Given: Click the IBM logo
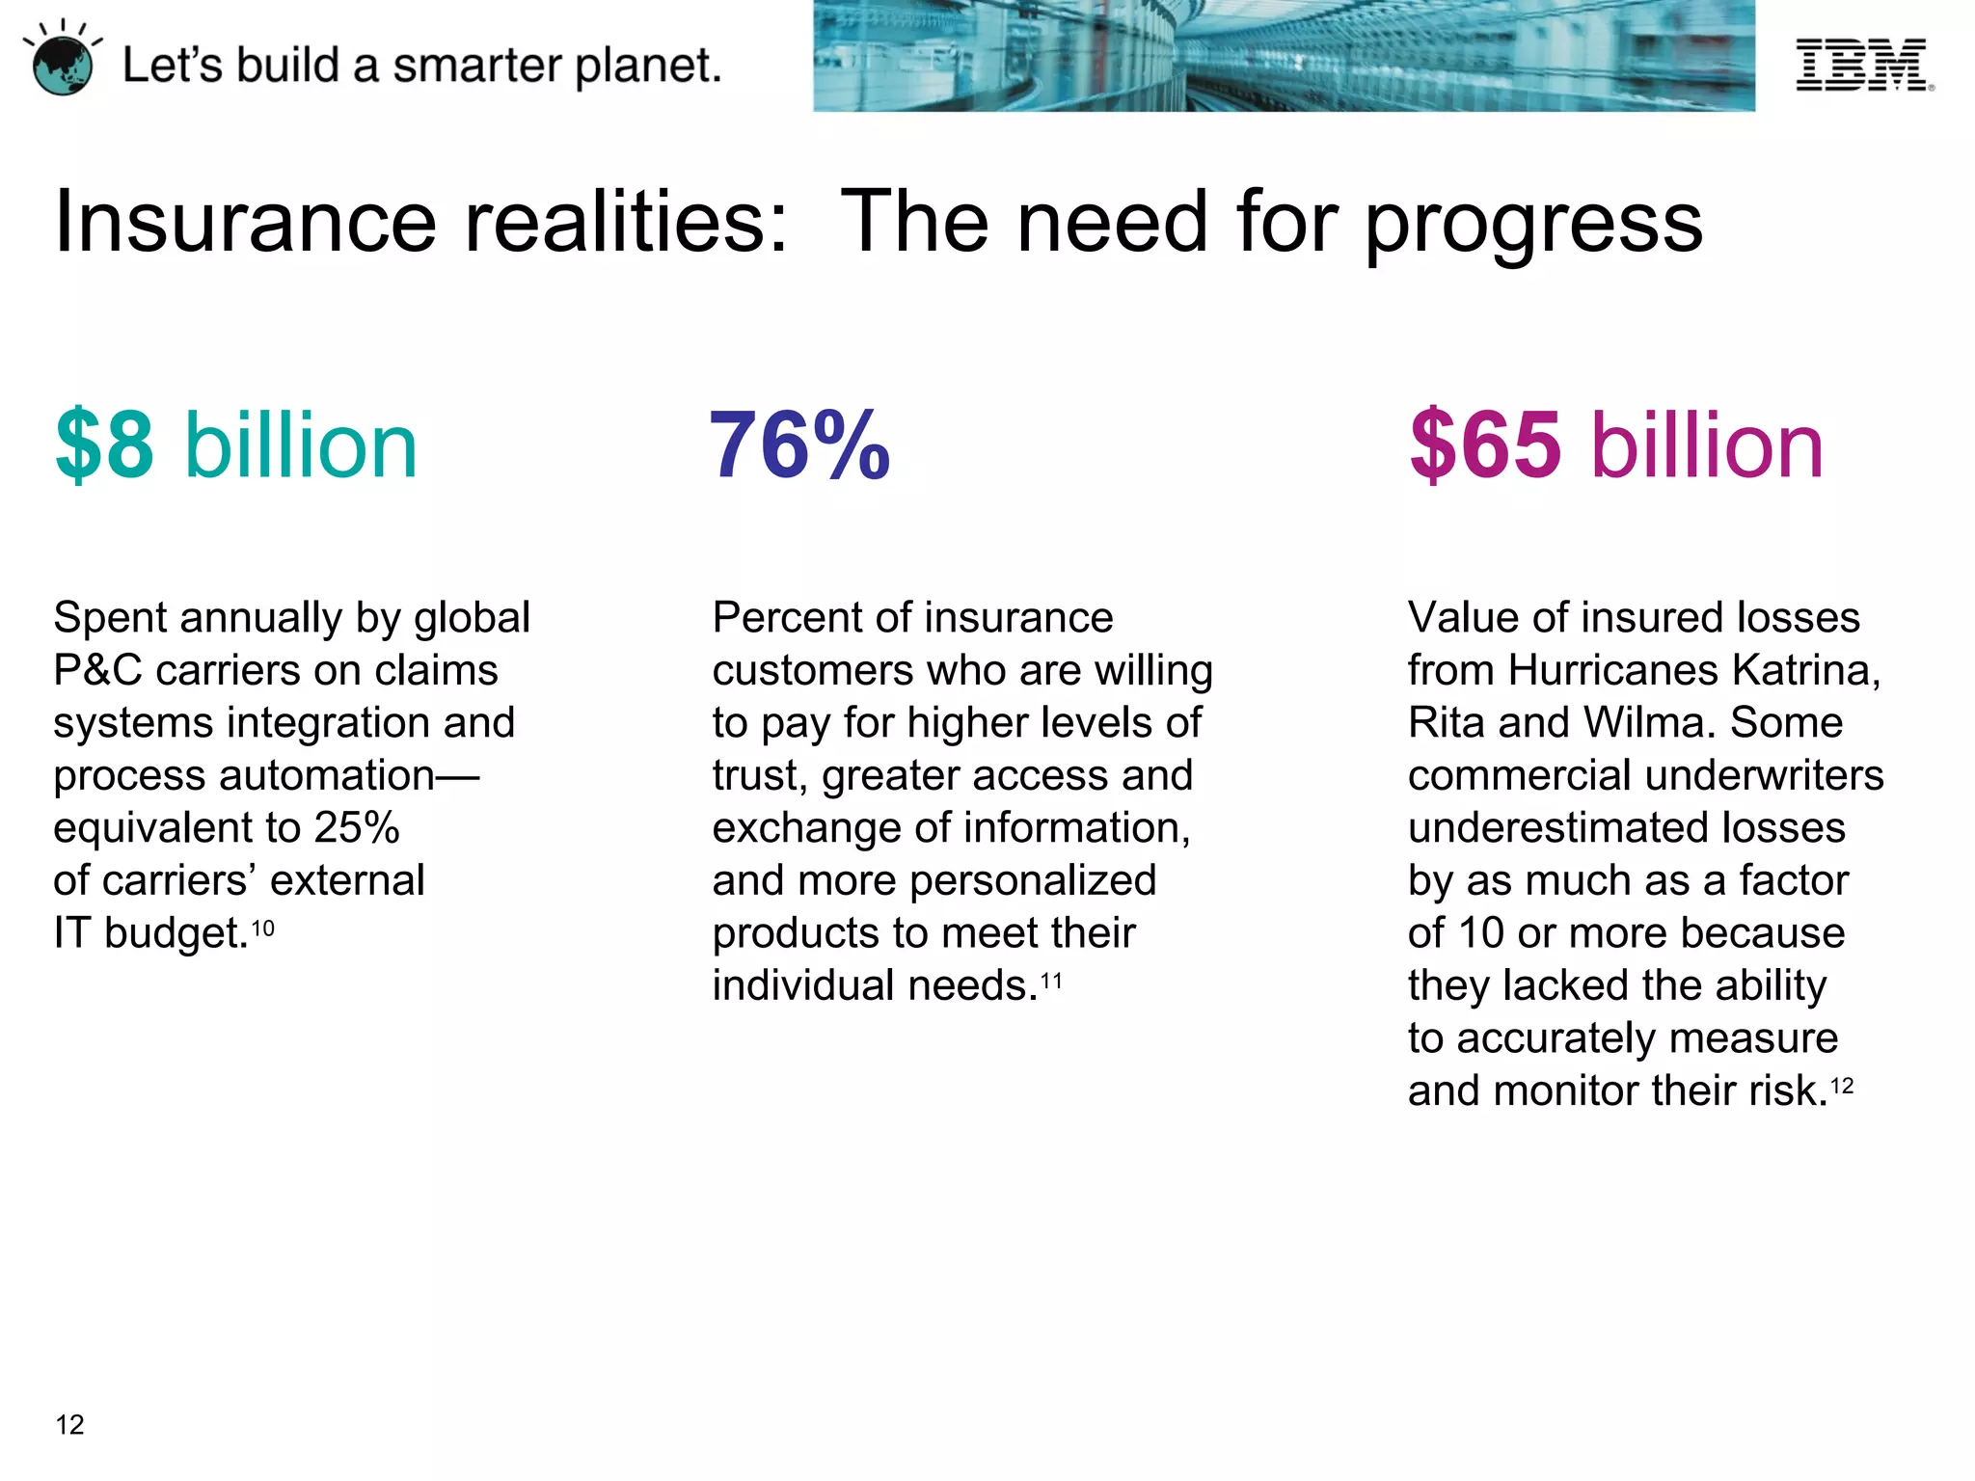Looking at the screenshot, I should (1862, 65).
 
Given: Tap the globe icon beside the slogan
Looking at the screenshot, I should (63, 66).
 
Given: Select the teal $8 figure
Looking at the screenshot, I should (105, 445).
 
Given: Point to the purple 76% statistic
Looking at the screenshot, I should (799, 445).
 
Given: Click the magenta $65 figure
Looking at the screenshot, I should (1485, 445).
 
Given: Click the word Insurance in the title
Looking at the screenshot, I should (246, 223).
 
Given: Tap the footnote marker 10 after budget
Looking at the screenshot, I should (262, 929).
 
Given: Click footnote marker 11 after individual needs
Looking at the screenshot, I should (1051, 982).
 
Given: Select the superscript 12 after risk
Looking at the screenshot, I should (1842, 1087).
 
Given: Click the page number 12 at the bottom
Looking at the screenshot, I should (70, 1425).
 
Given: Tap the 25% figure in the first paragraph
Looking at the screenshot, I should (357, 828).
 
